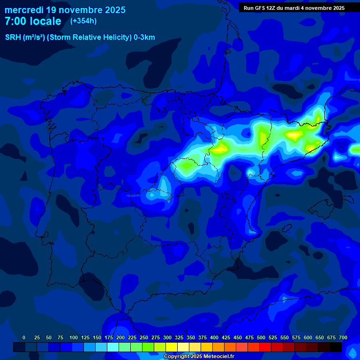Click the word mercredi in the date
24,9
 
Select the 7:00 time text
15,21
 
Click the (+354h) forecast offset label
83,21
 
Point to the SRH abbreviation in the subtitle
13,37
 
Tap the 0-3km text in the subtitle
144,37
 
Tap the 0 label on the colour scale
24,337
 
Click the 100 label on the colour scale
73,337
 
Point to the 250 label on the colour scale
143,337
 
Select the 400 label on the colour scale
214,337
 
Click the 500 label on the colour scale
261,337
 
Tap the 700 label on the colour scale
343,337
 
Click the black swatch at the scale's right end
336,347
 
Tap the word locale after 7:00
45,21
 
